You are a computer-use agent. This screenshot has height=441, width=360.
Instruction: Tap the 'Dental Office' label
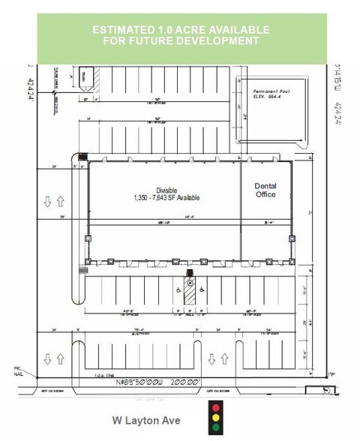pyautogui.click(x=265, y=190)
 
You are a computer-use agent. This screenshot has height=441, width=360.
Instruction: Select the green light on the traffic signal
pyautogui.click(x=217, y=428)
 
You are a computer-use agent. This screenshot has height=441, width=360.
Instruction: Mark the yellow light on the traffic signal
pyautogui.click(x=217, y=418)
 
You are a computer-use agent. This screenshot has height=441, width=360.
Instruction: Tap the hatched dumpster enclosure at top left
pyautogui.click(x=86, y=74)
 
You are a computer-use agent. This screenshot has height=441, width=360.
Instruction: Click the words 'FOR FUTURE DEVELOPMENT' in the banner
pyautogui.click(x=180, y=40)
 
